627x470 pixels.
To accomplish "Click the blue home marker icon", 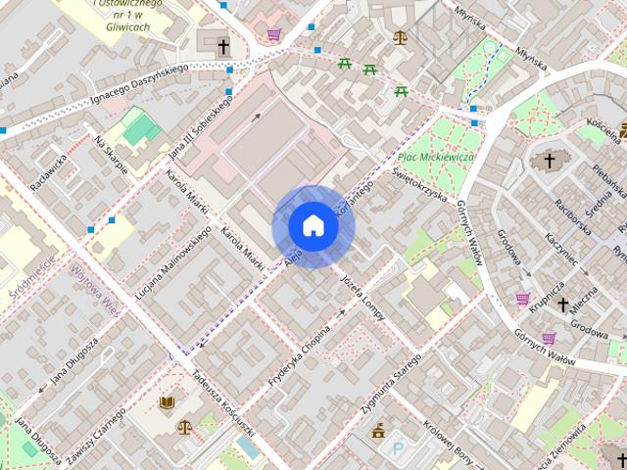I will point(313,226).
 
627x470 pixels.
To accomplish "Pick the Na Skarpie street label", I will point(112,155).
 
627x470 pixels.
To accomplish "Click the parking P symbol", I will point(399,449).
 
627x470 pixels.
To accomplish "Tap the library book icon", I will point(167,402).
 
